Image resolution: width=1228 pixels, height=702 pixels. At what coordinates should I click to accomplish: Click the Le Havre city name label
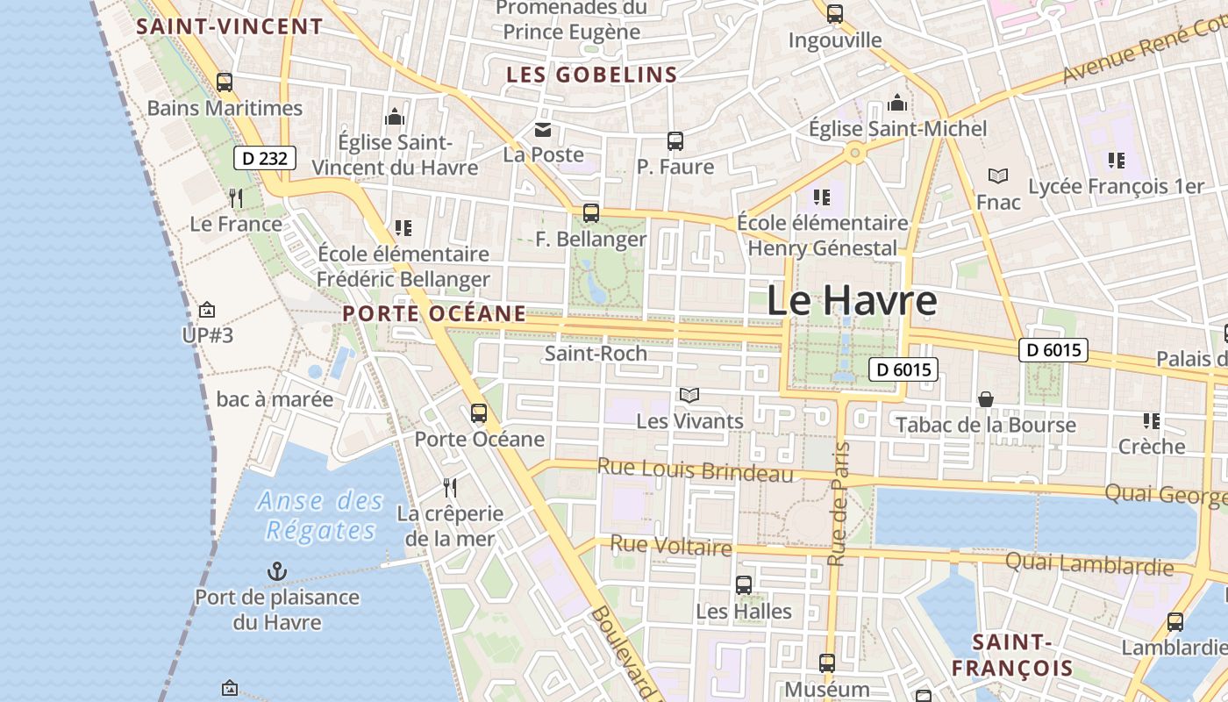852,301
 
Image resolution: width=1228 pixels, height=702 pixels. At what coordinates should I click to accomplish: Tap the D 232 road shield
264,159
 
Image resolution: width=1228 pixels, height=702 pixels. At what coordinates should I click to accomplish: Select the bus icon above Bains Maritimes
225,82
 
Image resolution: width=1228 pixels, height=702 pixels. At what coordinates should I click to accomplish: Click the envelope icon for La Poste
543,131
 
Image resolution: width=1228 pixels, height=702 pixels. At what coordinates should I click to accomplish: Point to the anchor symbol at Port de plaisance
277,572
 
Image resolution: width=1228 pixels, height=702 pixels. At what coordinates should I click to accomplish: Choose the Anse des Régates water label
321,516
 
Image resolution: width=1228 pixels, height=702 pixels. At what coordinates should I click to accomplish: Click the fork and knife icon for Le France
235,197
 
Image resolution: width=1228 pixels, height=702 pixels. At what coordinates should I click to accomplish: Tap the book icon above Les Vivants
689,396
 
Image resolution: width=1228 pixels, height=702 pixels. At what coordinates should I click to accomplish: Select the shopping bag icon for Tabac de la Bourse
986,399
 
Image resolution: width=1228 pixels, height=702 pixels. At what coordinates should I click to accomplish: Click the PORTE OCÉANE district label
434,313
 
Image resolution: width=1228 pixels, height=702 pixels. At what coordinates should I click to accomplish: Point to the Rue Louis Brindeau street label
695,470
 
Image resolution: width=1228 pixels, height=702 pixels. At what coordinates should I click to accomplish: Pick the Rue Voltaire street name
671,546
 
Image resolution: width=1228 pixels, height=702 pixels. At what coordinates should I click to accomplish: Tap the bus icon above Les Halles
744,584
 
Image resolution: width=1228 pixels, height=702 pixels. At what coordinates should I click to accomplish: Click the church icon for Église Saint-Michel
897,103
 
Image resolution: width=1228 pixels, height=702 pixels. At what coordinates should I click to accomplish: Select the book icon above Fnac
997,175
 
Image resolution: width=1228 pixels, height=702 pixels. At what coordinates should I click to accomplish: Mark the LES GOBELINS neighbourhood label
592,75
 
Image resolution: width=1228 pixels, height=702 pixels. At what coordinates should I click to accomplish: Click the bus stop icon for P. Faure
675,140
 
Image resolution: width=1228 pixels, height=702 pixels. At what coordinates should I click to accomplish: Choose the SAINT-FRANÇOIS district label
1012,655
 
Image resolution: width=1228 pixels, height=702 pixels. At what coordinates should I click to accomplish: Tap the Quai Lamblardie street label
1089,563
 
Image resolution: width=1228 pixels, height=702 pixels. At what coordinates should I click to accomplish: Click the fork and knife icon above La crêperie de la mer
450,488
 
